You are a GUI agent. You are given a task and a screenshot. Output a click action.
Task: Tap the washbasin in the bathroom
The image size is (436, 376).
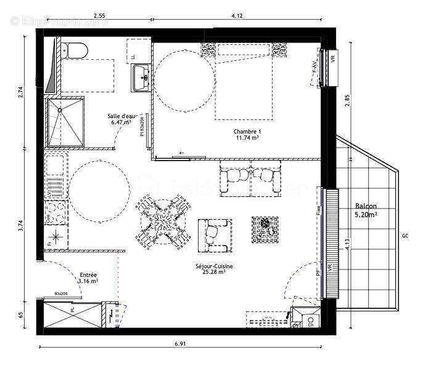[x=141, y=76]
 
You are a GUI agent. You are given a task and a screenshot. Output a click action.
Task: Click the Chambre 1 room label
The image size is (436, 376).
[x=247, y=132]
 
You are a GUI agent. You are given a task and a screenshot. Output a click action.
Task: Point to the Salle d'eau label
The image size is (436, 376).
[x=121, y=116]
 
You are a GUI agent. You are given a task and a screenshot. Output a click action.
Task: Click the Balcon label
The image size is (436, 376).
[x=366, y=207]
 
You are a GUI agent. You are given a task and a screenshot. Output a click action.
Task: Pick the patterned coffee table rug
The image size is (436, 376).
[x=264, y=228]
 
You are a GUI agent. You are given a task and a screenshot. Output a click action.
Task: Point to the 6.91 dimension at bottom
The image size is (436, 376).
[x=179, y=343]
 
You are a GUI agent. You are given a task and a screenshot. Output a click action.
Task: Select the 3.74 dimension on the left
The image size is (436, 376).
[x=20, y=226]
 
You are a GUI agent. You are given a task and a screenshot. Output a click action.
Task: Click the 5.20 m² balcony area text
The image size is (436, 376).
[x=366, y=216]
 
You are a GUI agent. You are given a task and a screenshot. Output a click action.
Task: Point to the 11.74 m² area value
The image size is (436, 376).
[x=246, y=138]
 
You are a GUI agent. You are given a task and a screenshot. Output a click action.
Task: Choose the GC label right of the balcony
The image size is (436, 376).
[x=405, y=236]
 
